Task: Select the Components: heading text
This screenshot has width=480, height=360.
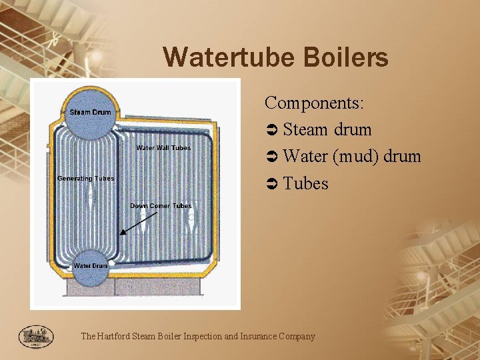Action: pyautogui.click(x=314, y=103)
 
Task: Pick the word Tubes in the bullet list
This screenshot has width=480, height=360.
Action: pyautogui.click(x=305, y=183)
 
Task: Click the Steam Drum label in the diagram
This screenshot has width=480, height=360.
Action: pyautogui.click(x=90, y=112)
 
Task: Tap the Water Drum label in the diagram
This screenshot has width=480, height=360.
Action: pyautogui.click(x=90, y=266)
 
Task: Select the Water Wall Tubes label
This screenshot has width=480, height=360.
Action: pyautogui.click(x=163, y=148)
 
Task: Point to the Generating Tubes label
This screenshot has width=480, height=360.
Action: pyautogui.click(x=85, y=178)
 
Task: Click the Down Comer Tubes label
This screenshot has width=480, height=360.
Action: pyautogui.click(x=161, y=206)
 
